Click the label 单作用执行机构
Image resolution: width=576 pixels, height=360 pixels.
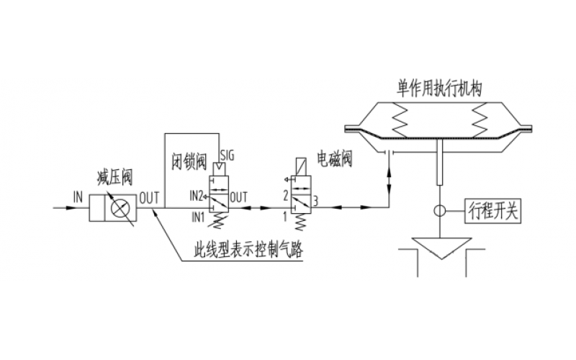click(x=439, y=87)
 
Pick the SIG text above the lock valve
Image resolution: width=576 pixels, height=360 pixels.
click(x=228, y=156)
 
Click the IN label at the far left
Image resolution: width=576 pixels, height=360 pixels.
click(x=78, y=195)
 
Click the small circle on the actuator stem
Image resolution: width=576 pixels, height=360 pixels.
click(x=439, y=212)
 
